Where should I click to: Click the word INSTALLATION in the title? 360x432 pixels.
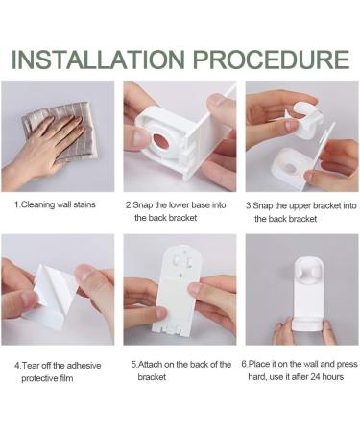coord(98,60)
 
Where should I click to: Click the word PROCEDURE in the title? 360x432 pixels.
coord(271,60)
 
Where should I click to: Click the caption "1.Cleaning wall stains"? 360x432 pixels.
coord(55,204)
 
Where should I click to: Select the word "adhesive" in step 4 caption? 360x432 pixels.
coord(84,366)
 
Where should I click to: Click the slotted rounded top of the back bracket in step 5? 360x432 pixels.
coord(181,260)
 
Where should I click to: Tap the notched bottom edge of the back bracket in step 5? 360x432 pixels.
coord(170,332)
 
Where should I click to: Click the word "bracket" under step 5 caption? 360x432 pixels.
coord(152,377)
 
